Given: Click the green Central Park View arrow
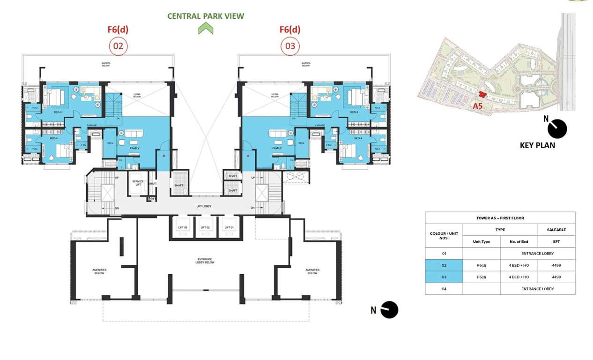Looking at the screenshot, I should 206,29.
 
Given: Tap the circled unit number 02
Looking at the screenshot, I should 118,46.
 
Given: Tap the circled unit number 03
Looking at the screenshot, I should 290,46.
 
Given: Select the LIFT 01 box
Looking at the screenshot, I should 229,227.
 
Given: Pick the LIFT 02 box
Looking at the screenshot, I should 205,227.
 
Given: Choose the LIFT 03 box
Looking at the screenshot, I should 182,227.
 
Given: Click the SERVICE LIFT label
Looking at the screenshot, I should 138,182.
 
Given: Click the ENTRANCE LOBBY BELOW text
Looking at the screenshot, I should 205,261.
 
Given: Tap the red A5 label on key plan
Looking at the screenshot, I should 477,106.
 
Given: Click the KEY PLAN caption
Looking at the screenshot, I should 537,145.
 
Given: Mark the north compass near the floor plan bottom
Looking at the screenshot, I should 389,310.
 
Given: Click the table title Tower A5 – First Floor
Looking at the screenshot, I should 500,218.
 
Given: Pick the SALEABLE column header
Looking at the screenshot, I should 556,230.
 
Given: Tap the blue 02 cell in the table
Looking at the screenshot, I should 444,265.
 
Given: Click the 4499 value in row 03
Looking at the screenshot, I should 556,277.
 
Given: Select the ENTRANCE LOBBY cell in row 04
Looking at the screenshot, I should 537,289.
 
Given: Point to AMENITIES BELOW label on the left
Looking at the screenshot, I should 99,271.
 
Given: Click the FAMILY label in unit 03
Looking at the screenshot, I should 276,148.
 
